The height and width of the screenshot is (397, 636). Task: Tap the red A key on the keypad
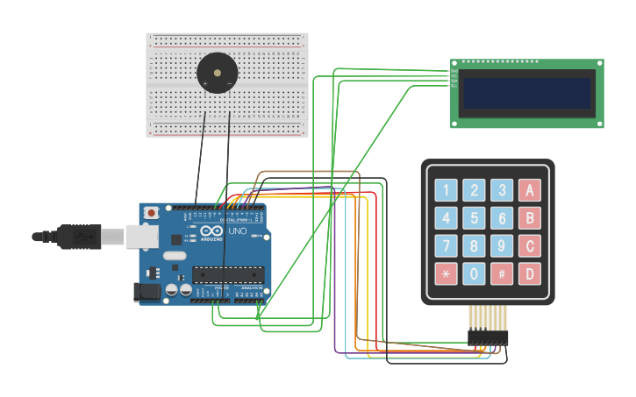coord(529,190)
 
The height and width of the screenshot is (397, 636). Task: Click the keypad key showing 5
coord(474,218)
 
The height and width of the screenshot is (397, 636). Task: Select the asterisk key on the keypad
coord(446,273)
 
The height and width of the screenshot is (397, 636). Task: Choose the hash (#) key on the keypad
coord(502,273)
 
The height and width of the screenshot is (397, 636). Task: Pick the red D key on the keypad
coord(529,273)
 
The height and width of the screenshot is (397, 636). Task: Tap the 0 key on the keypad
coord(474,273)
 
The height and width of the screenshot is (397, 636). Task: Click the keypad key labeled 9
coord(502,245)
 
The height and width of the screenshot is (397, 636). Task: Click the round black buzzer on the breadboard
coord(217,71)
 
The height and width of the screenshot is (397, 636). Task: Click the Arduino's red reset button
coord(152,212)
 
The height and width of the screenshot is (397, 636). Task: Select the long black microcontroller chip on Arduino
coord(228,274)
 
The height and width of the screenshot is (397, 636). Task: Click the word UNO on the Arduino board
coord(237,231)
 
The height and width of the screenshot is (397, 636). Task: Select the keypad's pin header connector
coord(487,337)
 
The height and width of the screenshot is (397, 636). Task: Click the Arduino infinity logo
coord(212,230)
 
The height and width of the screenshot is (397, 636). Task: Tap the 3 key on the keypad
coord(502,190)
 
